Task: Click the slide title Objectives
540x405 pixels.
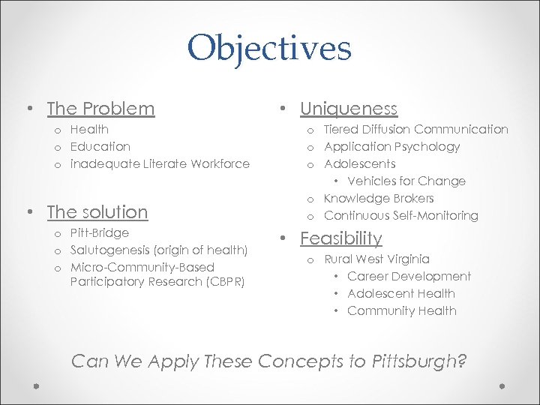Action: coord(269,49)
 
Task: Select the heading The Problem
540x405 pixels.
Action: coord(100,109)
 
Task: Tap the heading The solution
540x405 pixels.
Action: coord(97,212)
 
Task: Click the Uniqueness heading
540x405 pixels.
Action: coord(349,109)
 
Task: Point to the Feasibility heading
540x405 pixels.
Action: coord(341,238)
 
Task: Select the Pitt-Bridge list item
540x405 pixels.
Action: coord(100,232)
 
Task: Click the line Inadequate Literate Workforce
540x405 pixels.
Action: coord(160,163)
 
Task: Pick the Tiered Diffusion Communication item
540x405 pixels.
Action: coord(415,130)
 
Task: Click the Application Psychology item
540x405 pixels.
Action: coord(391,146)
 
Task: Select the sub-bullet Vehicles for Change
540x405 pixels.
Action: coord(406,181)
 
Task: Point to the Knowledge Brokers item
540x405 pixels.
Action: coord(379,198)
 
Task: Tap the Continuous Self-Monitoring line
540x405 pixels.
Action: coord(400,215)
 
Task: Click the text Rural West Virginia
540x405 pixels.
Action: coord(376,259)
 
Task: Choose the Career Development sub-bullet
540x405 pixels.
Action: coord(409,277)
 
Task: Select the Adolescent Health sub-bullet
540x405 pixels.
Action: coord(401,294)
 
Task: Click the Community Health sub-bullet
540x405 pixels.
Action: coord(401,311)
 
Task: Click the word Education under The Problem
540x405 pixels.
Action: coord(100,146)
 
